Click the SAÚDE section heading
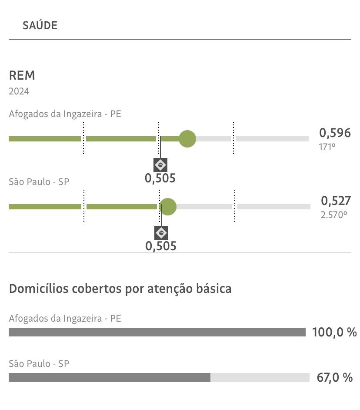(40, 25)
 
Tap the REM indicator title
(22, 75)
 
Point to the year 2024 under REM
(19, 91)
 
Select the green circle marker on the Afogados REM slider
(187, 139)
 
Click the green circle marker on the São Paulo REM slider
(167, 206)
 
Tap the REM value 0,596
(335, 132)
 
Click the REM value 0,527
(336, 201)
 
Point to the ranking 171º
(327, 147)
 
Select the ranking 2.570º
(334, 215)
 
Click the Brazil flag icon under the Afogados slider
(160, 165)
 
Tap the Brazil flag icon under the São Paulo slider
(161, 233)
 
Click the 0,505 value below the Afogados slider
(160, 178)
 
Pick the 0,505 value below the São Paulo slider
(161, 246)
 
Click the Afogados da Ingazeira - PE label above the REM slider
(65, 114)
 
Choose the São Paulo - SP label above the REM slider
(39, 181)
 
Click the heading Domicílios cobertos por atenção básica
(120, 289)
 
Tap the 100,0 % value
(334, 333)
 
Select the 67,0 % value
(334, 377)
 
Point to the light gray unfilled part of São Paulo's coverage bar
(260, 377)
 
